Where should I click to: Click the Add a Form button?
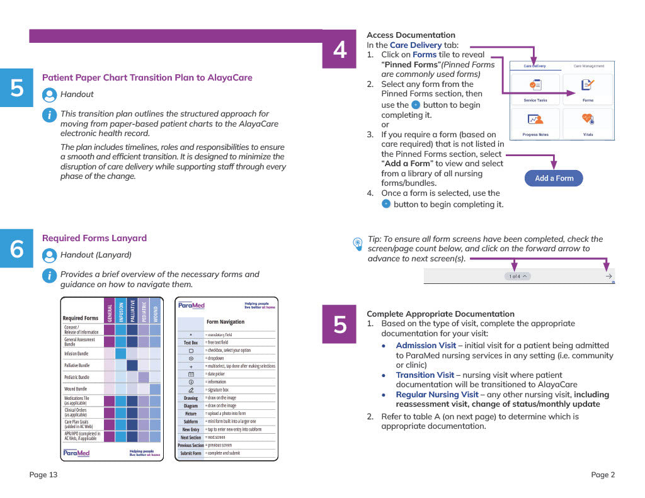[x=554, y=178]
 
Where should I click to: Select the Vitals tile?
[x=587, y=122]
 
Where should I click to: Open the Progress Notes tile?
[x=535, y=122]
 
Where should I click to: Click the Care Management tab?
[x=588, y=65]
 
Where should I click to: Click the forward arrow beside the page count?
[x=608, y=276]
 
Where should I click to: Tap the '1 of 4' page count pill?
[x=518, y=276]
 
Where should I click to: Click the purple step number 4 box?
[x=340, y=50]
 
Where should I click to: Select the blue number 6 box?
[x=17, y=250]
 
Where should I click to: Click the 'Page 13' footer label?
[x=43, y=475]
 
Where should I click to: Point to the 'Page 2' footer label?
[x=603, y=475]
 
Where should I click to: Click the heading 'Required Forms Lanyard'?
[x=94, y=238]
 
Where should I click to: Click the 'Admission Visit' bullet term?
[x=426, y=345]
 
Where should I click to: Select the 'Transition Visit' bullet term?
[x=425, y=375]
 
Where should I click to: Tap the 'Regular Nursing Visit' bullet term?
[x=437, y=395]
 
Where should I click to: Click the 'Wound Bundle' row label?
[x=77, y=389]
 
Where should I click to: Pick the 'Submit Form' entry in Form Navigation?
[x=190, y=453]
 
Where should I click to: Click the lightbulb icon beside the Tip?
[x=358, y=242]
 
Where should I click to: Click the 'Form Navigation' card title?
[x=225, y=322]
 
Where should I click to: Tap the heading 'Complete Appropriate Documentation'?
[x=440, y=314]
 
